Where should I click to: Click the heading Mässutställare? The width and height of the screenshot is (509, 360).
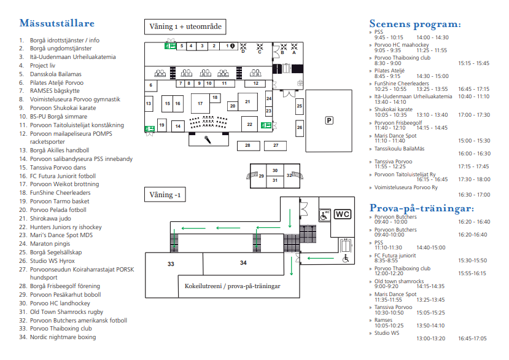tap(57, 23)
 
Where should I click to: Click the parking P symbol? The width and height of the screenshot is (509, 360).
tap(329, 120)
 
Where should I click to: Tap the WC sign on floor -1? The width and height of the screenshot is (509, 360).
tap(343, 214)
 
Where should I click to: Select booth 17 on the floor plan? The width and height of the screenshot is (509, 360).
tap(200, 103)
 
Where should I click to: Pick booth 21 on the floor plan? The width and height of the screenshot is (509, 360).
tap(247, 102)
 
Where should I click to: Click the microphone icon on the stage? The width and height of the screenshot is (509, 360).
tap(208, 139)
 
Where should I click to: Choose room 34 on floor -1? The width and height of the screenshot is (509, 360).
tap(244, 263)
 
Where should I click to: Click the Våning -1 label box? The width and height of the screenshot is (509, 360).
tap(165, 195)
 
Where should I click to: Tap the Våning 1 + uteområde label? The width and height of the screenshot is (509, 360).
tap(185, 26)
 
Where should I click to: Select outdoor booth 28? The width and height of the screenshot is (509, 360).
tap(248, 146)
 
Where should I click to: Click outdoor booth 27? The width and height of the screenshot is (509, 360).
tap(276, 146)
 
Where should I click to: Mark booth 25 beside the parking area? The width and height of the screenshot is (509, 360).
tap(299, 106)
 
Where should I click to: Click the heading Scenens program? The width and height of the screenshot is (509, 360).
tap(415, 24)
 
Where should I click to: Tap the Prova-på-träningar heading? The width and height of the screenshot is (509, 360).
tap(422, 208)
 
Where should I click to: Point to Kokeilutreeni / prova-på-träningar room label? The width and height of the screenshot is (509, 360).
tap(233, 286)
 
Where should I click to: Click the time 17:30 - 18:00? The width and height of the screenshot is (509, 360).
tap(474, 179)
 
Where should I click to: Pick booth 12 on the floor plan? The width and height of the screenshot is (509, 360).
tap(255, 84)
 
